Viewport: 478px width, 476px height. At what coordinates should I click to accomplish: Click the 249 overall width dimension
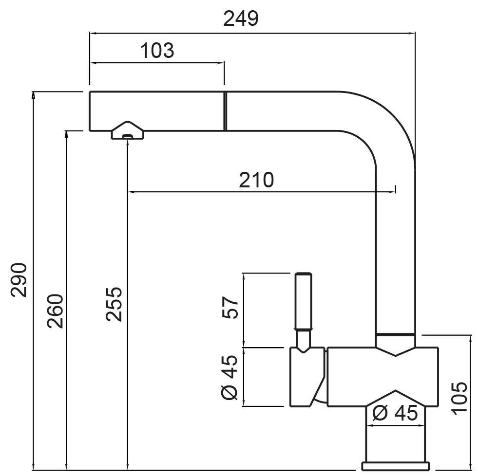point(241,18)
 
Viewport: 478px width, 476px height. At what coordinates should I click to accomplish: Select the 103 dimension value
point(157,50)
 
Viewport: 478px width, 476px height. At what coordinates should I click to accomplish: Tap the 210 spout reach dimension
point(256,180)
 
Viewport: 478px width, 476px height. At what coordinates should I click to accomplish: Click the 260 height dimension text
point(55,311)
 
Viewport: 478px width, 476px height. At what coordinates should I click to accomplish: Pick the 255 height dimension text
point(115,305)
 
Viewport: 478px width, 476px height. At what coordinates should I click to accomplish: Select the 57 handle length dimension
point(231,307)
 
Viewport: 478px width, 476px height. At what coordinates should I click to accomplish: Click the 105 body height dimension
point(459,397)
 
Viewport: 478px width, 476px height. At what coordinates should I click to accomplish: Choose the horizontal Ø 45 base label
point(395,414)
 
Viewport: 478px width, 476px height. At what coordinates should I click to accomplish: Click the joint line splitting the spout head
point(225,110)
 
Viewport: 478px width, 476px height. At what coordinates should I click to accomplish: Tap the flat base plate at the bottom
point(396,467)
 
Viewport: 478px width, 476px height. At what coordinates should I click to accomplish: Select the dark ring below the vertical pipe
point(395,335)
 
